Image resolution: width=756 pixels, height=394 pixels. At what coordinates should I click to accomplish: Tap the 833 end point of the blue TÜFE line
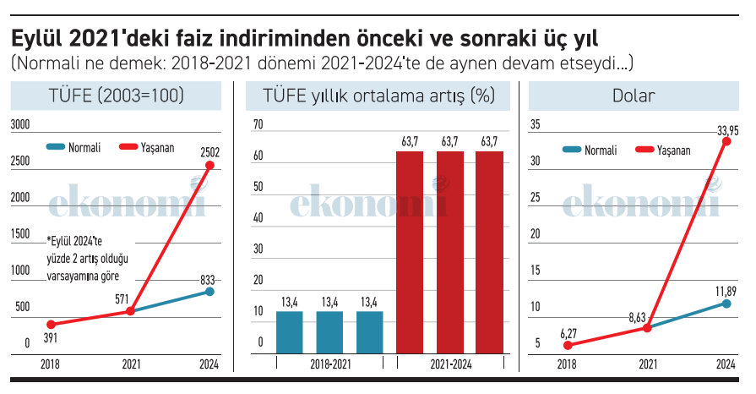pos(209,292)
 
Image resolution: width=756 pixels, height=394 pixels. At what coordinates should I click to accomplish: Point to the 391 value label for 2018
pos(50,337)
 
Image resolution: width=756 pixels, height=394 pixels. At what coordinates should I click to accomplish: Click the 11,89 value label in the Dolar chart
pos(725,292)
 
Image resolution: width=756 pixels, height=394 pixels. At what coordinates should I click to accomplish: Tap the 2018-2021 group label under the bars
pos(329,364)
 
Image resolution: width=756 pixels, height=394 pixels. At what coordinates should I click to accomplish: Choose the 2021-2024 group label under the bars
pos(449,364)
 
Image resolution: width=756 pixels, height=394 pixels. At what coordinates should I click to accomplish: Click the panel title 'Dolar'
pos(634,96)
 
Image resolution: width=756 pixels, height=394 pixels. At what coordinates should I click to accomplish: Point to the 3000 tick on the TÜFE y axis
pos(19,125)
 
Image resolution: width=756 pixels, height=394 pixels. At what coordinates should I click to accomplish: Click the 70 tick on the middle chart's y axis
pos(258,125)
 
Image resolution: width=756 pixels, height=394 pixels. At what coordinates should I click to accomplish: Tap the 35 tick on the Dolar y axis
pos(535,125)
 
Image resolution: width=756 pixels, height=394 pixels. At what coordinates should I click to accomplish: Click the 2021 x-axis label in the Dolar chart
pos(647,364)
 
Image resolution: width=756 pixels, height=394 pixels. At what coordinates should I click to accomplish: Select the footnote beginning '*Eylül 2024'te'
pos(84,257)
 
